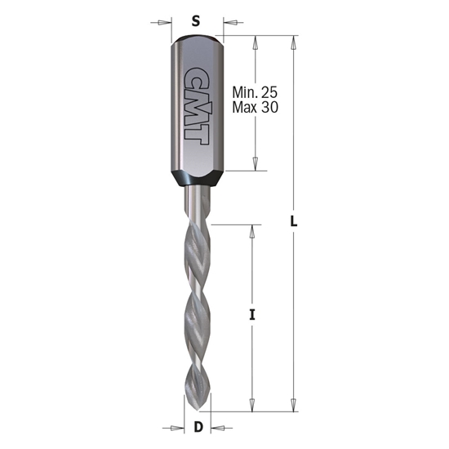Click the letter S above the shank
(x=195, y=21)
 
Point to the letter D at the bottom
(x=196, y=428)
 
